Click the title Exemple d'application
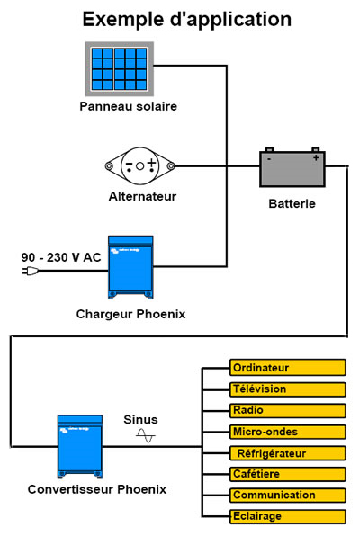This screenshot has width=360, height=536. (186, 19)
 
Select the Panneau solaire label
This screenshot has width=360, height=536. (128, 106)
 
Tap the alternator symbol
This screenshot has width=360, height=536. (140, 165)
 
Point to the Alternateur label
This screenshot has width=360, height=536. (140, 196)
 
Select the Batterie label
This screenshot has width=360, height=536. (292, 203)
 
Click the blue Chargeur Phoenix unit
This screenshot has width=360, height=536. (130, 267)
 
